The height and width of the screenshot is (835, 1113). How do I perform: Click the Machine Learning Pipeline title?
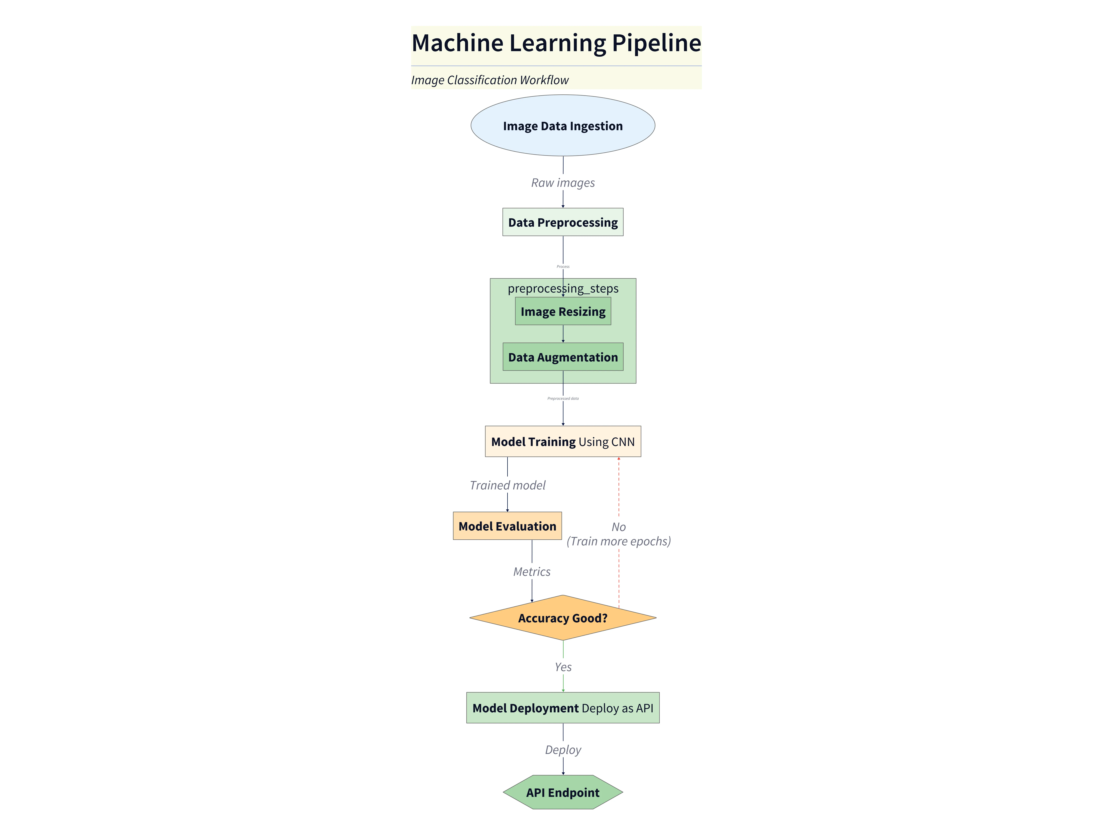click(556, 43)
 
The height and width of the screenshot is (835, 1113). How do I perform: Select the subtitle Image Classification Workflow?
click(490, 80)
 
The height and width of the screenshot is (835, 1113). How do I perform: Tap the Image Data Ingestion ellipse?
click(562, 126)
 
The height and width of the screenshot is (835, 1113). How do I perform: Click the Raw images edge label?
click(562, 183)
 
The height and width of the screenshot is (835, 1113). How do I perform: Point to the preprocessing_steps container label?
click(562, 288)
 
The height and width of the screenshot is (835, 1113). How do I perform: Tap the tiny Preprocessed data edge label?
click(562, 398)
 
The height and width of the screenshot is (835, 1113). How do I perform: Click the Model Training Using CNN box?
click(562, 441)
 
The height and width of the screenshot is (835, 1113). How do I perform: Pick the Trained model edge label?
click(507, 485)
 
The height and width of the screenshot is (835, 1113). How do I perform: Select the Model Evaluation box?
click(507, 526)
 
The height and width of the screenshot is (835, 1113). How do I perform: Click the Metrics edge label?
click(531, 572)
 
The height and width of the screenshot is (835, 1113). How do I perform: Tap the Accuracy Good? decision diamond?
click(562, 618)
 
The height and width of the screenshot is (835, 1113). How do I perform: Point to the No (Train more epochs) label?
click(618, 534)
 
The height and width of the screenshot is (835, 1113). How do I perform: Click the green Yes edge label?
click(562, 667)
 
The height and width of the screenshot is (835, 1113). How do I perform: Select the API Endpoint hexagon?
click(562, 792)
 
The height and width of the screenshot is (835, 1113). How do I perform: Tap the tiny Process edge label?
click(562, 266)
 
